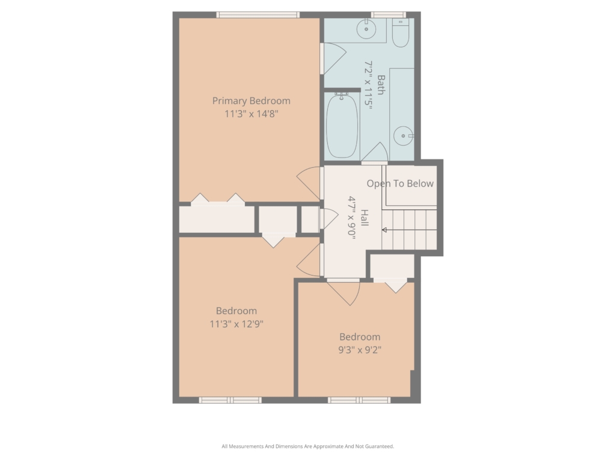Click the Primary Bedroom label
click(x=251, y=101)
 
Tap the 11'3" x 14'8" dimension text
click(x=251, y=114)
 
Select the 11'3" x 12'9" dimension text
click(x=236, y=324)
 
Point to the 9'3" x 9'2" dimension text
click(x=360, y=350)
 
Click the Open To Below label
click(x=400, y=183)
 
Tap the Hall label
click(x=365, y=218)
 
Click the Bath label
click(x=381, y=85)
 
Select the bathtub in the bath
click(x=342, y=125)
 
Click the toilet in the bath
click(x=401, y=33)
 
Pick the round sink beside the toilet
click(x=366, y=29)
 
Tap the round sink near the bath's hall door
click(x=404, y=136)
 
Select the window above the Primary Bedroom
click(x=258, y=15)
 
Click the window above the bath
click(x=389, y=15)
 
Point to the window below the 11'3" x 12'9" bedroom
click(x=230, y=400)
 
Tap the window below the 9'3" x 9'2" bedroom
click(x=359, y=400)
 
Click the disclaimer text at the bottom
click(x=307, y=446)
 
